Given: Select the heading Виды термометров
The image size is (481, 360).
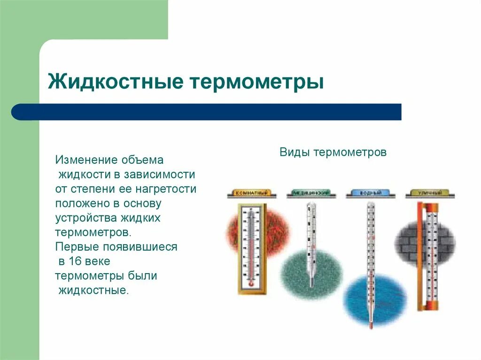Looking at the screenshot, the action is point(333,153).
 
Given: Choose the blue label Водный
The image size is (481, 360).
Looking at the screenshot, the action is point(371,193).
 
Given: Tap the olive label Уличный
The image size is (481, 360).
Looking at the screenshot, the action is point(429,193).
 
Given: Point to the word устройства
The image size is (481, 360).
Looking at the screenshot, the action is point(85,218).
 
